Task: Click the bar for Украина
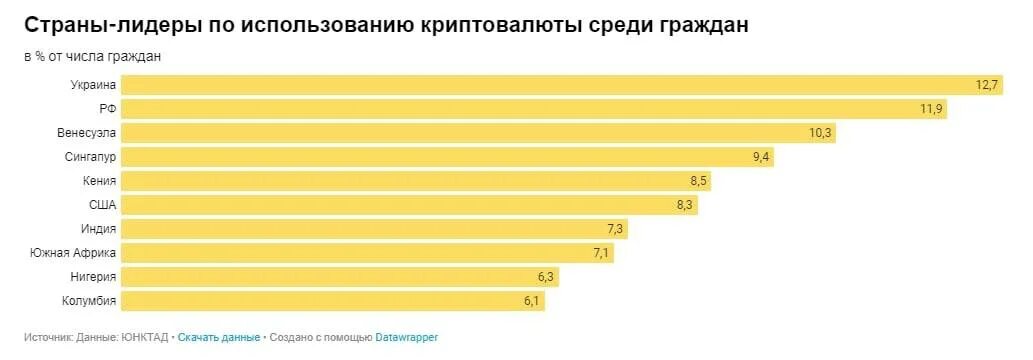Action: [x=560, y=85]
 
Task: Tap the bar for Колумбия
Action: [x=333, y=301]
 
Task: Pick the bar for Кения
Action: [x=415, y=181]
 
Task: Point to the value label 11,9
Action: [x=931, y=109]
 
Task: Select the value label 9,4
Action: [x=760, y=157]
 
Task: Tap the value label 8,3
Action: [x=684, y=205]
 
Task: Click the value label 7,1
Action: [x=601, y=253]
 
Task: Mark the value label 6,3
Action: [x=545, y=277]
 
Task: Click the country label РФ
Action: [x=108, y=109]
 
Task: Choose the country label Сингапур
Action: [x=90, y=157]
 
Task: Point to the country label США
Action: [x=102, y=205]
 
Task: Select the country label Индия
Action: [x=99, y=229]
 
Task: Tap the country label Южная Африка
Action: [x=74, y=253]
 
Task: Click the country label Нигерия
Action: [x=94, y=277]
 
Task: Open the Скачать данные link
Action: [x=218, y=337]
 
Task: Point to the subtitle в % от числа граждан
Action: [x=92, y=57]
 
